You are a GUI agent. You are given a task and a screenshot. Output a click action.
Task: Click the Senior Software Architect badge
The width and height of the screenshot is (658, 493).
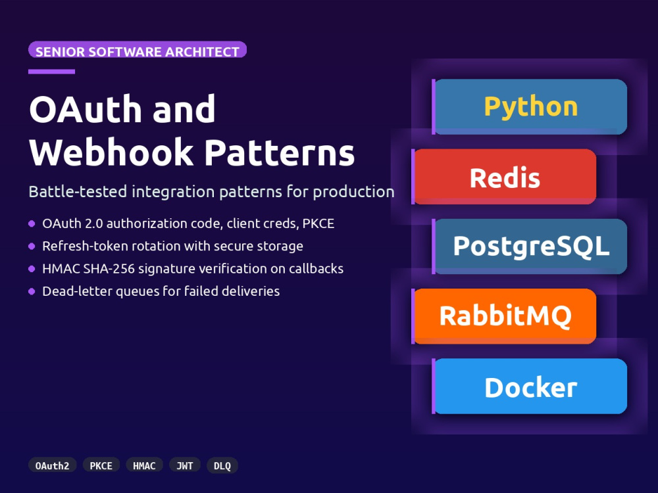tap(138, 49)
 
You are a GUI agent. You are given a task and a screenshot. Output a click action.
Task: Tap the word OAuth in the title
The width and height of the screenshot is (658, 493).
tap(86, 109)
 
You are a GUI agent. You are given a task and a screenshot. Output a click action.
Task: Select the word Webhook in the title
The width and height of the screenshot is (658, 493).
tap(112, 152)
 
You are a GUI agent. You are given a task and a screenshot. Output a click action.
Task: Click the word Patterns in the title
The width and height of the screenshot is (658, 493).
tap(280, 152)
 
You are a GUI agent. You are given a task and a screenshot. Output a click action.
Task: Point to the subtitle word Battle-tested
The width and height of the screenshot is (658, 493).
tap(78, 191)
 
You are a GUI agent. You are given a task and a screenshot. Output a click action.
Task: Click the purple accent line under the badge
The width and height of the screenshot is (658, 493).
tap(51, 72)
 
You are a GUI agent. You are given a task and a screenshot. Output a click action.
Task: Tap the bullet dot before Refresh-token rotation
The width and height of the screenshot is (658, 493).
tap(32, 246)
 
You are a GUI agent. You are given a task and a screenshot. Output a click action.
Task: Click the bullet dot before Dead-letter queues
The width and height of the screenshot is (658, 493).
tap(32, 291)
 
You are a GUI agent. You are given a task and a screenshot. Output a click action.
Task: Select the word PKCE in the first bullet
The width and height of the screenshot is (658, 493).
tap(318, 223)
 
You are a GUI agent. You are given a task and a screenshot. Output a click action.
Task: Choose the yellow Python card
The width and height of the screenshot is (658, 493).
tap(530, 107)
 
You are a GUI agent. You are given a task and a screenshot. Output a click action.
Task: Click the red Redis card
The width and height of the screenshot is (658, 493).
tap(504, 177)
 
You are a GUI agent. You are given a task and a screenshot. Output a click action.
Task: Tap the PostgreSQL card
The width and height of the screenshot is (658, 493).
tap(530, 246)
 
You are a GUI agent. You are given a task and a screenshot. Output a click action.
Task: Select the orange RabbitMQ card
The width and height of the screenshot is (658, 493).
tap(504, 317)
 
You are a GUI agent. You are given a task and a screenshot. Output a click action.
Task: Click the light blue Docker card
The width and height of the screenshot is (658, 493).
tap(530, 386)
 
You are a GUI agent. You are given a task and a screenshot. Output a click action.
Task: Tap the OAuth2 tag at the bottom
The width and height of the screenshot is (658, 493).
tap(53, 465)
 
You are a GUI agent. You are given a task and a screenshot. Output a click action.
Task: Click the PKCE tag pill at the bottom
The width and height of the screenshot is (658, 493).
tap(101, 465)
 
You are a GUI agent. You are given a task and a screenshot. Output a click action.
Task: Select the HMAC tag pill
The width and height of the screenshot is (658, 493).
tap(144, 465)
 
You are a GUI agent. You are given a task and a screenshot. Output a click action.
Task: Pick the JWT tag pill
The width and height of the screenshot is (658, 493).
tap(185, 465)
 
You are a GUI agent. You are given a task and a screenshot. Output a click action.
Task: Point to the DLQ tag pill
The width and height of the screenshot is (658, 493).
tap(222, 465)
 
